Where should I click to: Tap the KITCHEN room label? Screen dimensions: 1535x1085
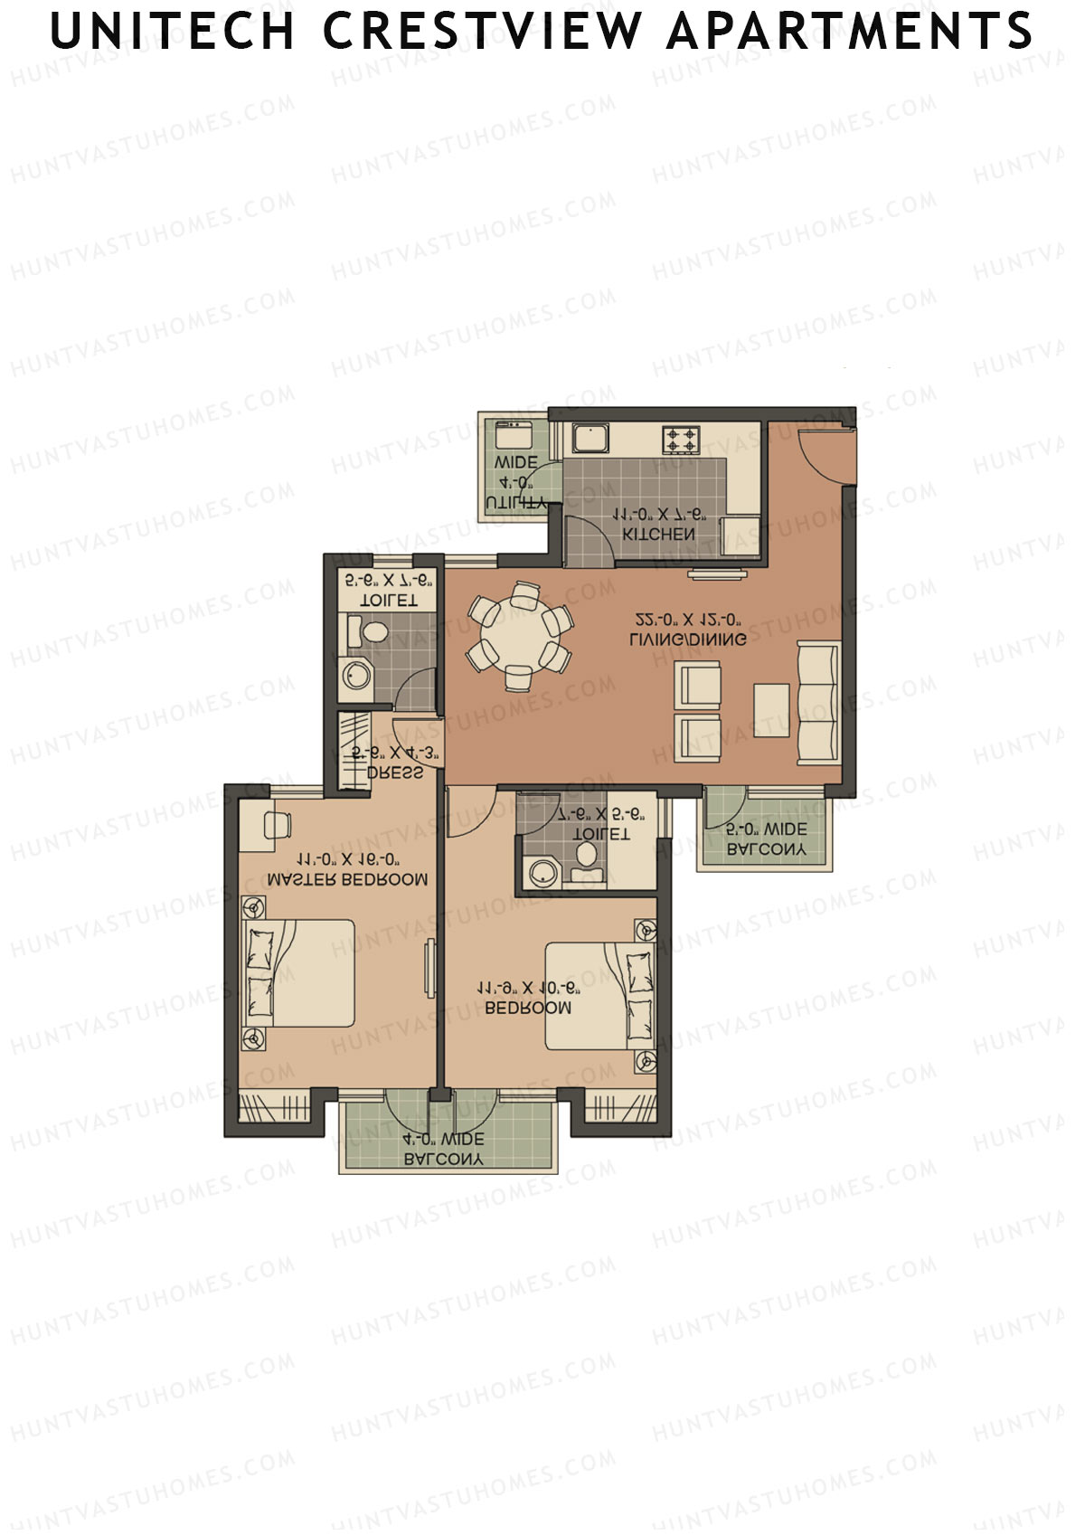coord(659,535)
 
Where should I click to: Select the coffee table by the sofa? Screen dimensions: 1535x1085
coord(770,710)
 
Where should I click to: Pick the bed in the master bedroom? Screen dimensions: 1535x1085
coord(303,973)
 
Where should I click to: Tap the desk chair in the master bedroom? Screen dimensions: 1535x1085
coord(277,825)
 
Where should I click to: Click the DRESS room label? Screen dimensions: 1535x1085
coord(395,773)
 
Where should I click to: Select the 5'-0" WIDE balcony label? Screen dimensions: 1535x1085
coord(767,829)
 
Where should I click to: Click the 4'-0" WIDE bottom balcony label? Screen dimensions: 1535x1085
coord(444,1140)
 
